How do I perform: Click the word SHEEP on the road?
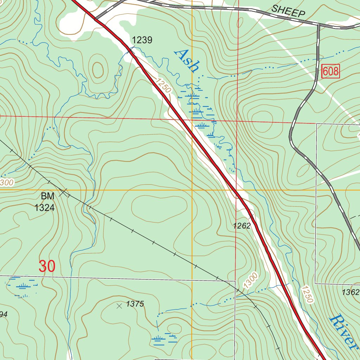point(288,12)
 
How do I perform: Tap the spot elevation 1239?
point(142,40)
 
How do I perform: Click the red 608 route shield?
point(330,72)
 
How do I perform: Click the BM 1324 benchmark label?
point(45,202)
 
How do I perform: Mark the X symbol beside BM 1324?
point(64,192)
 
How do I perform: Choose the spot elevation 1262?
point(242,226)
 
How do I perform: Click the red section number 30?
point(47,266)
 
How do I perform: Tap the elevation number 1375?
point(135,304)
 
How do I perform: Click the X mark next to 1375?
point(119,306)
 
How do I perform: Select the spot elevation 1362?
point(351,292)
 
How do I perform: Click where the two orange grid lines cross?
point(192,190)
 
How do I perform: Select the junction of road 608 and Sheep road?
point(319,25)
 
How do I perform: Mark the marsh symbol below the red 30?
point(22,285)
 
